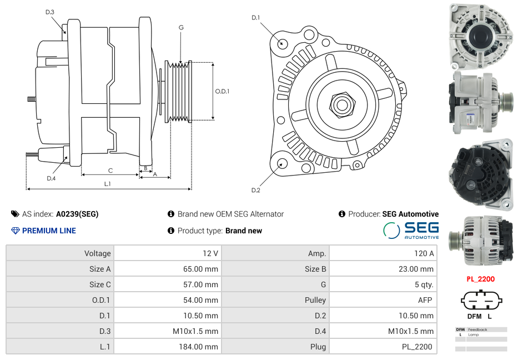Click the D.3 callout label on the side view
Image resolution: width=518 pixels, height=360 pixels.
coord(50,12)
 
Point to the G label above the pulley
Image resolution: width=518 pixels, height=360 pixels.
coord(181,27)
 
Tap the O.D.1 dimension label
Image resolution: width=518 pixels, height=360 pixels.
coord(222,91)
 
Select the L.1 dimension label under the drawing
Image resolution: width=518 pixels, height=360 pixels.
coord(108,184)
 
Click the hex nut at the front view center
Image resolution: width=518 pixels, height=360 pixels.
coord(342,103)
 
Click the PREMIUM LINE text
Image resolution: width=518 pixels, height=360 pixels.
coord(49,231)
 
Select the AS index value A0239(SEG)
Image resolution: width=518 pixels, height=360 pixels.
coord(77,214)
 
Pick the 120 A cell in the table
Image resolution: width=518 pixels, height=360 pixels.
coord(424,253)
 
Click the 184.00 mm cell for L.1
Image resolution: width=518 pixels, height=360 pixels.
coord(203,347)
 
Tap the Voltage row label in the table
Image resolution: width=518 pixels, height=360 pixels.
coord(97,253)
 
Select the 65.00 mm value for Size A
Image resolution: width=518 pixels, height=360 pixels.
coord(203,269)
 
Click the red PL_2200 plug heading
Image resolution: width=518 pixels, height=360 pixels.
coord(480,279)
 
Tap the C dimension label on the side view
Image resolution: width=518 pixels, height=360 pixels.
coord(110,171)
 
